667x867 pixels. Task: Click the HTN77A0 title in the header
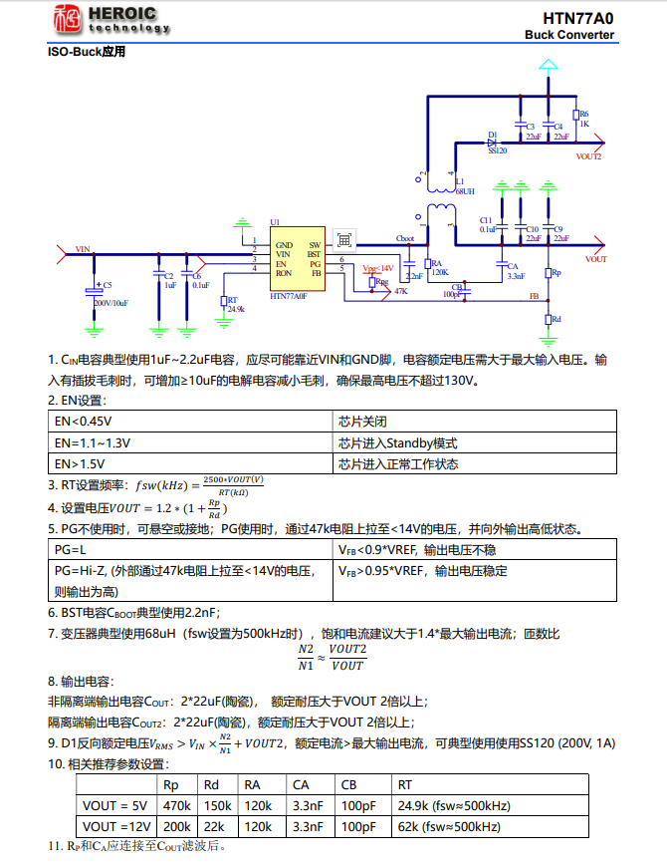[x=577, y=18]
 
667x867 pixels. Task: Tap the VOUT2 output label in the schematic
[x=588, y=156]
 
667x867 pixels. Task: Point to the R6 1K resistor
[x=575, y=118]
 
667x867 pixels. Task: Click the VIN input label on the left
[x=83, y=249]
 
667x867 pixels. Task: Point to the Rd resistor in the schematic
[x=548, y=319]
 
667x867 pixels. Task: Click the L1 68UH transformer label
[x=464, y=185]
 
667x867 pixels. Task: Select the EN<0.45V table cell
[x=189, y=421]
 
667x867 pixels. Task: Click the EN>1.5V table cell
[x=189, y=463]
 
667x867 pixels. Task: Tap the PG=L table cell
[x=189, y=550]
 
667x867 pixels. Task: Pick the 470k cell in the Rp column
[x=176, y=805]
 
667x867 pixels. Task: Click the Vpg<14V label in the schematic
[x=377, y=268]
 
